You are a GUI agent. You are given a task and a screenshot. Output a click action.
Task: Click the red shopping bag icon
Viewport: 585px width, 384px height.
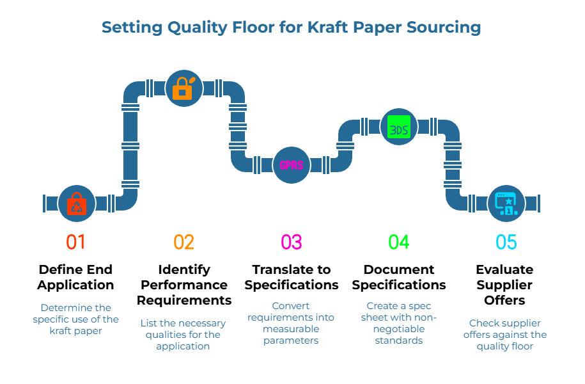[76, 204]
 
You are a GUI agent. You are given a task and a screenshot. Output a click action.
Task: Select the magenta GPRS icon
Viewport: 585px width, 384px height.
[292, 164]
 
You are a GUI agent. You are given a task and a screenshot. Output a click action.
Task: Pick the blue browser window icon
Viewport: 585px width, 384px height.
[506, 204]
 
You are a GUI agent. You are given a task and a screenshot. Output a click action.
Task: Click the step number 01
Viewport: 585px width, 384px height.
[75, 242]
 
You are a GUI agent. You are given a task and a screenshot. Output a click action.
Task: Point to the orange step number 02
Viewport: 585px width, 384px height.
[183, 242]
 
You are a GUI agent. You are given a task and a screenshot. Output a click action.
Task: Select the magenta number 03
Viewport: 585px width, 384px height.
[291, 242]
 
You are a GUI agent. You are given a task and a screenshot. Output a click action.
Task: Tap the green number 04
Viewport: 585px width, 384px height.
[398, 242]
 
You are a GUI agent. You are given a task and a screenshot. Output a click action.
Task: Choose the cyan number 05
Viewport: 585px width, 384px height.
[506, 242]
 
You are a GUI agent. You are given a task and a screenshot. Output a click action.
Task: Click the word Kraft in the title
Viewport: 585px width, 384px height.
[330, 28]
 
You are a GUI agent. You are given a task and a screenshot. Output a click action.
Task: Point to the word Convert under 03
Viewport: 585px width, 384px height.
[291, 306]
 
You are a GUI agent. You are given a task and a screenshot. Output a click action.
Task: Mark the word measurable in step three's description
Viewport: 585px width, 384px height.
[291, 329]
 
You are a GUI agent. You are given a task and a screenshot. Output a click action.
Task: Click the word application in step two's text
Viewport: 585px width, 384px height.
[183, 346]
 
